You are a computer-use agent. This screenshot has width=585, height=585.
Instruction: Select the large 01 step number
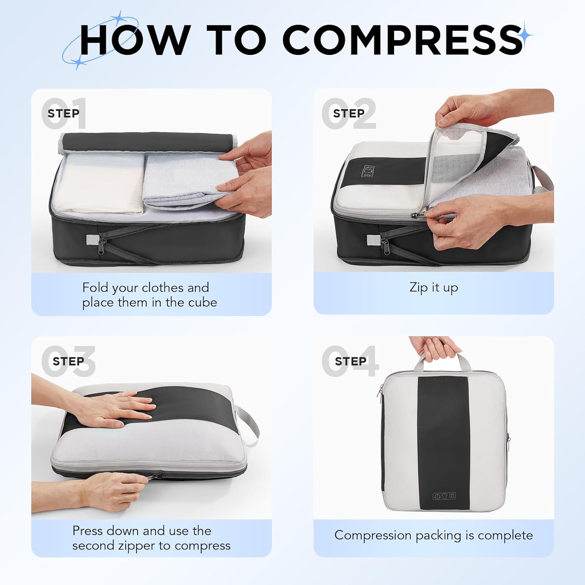(64, 113)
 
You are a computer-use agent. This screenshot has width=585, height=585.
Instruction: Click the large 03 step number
(69, 361)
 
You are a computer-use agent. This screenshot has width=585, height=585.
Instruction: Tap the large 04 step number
(350, 361)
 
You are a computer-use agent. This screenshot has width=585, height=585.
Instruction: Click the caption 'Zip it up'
(434, 287)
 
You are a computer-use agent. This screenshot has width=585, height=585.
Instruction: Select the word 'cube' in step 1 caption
(202, 302)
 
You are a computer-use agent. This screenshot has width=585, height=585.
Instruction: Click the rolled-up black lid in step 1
(148, 142)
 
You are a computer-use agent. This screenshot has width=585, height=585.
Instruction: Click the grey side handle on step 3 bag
(248, 425)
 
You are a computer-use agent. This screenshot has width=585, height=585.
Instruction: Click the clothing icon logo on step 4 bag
(444, 496)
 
